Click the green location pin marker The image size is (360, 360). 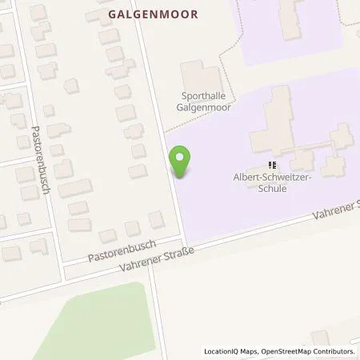tap(182, 162)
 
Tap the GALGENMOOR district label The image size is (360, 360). tap(152, 14)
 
